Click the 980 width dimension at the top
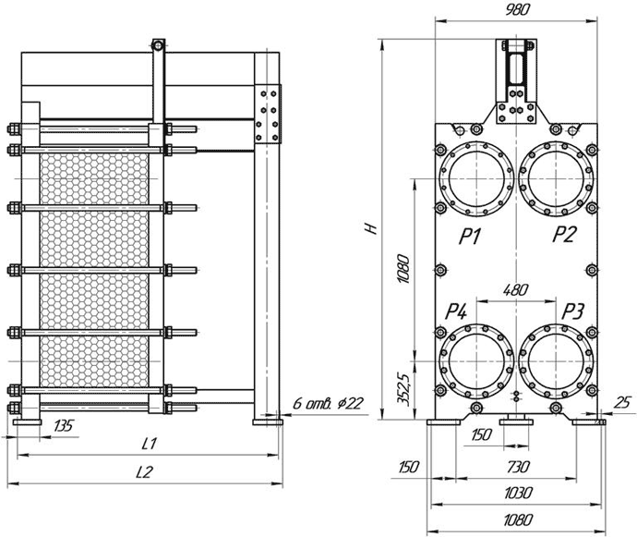pos(518,10)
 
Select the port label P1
pos(471,236)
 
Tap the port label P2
pos(564,234)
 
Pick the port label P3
pos(572,312)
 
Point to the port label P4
pos(457,312)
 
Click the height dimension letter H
pos(371,228)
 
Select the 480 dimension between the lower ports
pos(515,290)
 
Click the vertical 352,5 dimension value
pos(403,388)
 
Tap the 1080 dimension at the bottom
pos(517,520)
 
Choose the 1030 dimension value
pos(518,493)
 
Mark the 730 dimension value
pos(518,466)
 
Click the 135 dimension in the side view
pos(64,426)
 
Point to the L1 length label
pos(149,444)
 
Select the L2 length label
pos(144,472)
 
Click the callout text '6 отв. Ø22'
pos(328,404)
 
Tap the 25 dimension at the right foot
pos(621,403)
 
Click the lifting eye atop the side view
pos(158,45)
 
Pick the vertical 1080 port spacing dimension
pos(403,269)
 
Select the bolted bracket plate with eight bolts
pos(268,114)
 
